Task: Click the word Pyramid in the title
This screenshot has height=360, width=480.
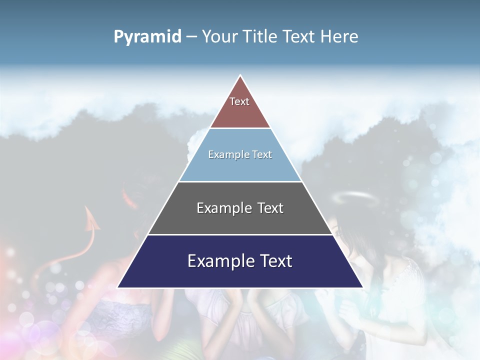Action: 147,36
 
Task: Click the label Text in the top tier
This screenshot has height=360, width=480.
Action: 239,101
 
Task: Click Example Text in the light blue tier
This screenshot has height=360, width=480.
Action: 240,154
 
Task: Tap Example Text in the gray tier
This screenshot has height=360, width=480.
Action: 240,208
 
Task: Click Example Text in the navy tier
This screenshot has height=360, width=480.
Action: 240,261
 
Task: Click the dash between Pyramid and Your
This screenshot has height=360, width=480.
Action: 191,37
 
